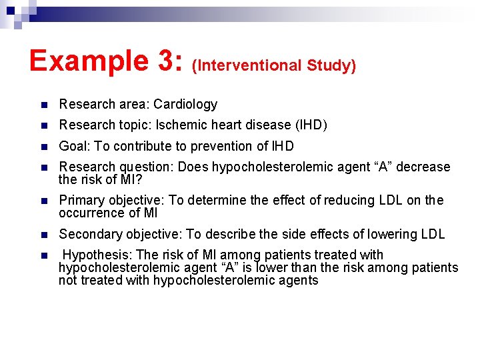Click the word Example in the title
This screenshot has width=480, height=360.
(88, 61)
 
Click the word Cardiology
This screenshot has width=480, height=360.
(185, 104)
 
